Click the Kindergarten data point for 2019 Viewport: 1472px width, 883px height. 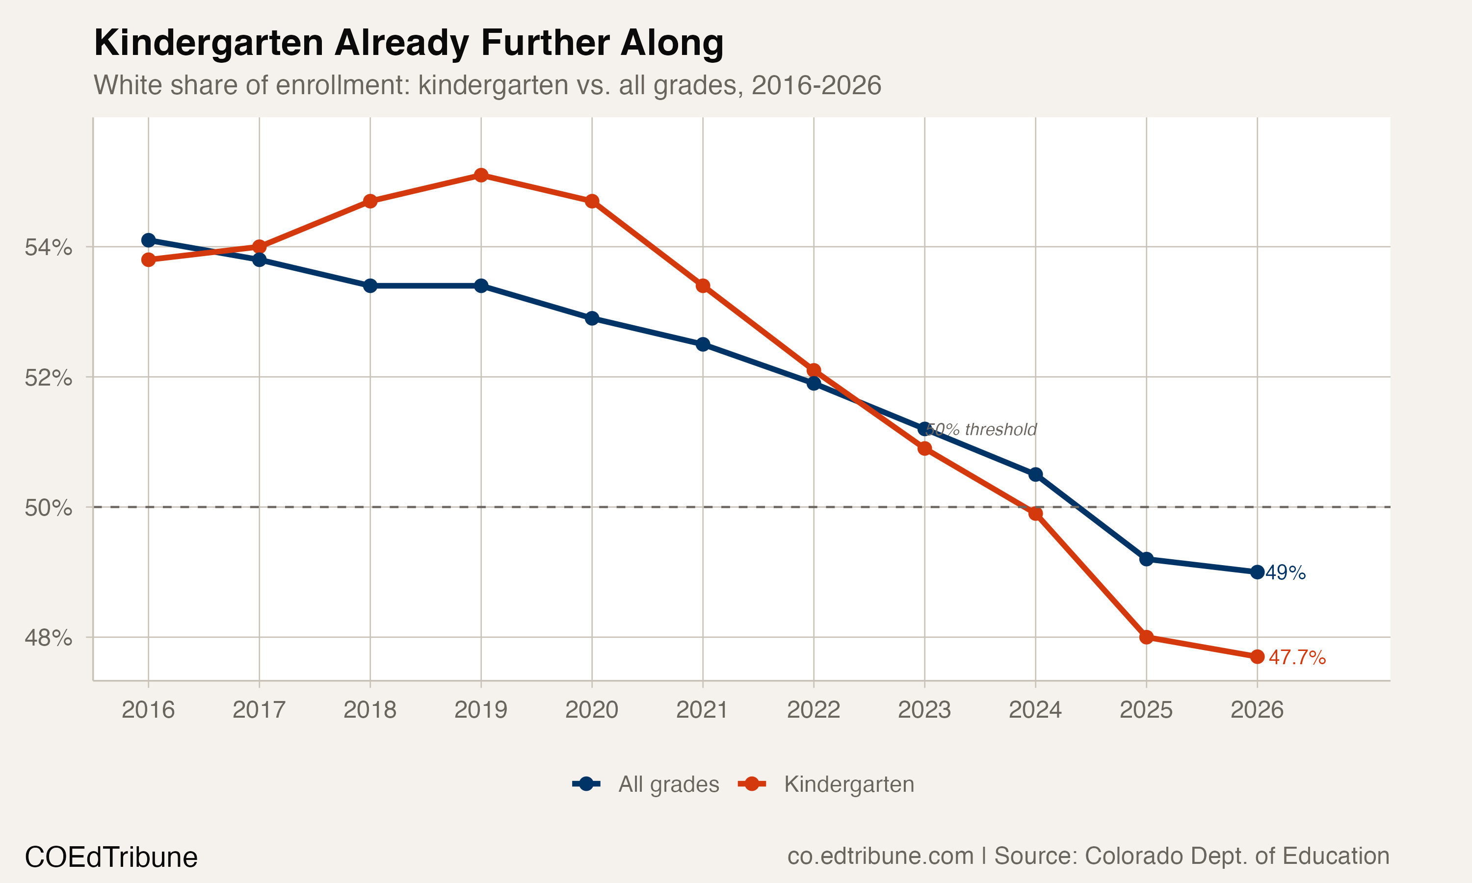(x=481, y=175)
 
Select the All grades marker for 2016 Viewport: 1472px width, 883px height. (x=148, y=240)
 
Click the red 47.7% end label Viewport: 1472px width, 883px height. (x=1297, y=657)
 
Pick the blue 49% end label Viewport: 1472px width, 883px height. (x=1285, y=572)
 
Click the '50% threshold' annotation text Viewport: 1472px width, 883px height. (x=982, y=430)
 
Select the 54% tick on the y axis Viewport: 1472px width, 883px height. (x=48, y=247)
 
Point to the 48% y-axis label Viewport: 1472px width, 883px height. (x=48, y=638)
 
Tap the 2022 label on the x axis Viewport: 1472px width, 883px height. (x=814, y=710)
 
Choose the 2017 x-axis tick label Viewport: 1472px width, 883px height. (x=259, y=710)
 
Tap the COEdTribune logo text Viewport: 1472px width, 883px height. (x=111, y=857)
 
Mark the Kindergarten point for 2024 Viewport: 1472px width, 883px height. (x=1035, y=514)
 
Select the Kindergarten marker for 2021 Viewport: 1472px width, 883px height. (x=703, y=286)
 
